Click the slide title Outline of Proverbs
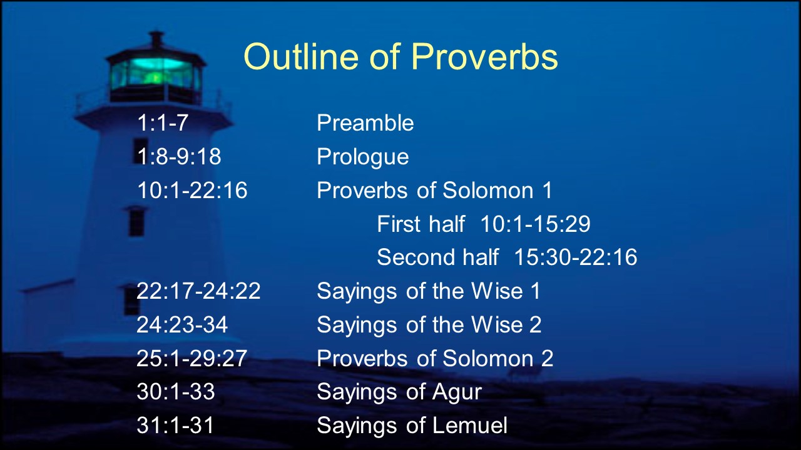(x=400, y=57)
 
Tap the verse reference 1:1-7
(x=163, y=122)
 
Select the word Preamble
(x=365, y=122)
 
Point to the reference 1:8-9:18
(x=179, y=156)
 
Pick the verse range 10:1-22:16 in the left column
(x=192, y=189)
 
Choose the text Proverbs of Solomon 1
(x=434, y=189)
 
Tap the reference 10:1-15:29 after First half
(x=535, y=224)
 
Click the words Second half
(x=437, y=257)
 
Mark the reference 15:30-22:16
(x=575, y=257)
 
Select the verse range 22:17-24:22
(x=198, y=291)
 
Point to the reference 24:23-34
(x=182, y=324)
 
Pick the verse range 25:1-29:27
(x=191, y=358)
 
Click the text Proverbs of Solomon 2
(x=435, y=358)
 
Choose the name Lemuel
(x=469, y=425)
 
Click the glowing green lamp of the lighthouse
(x=156, y=74)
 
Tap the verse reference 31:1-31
(x=175, y=425)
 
